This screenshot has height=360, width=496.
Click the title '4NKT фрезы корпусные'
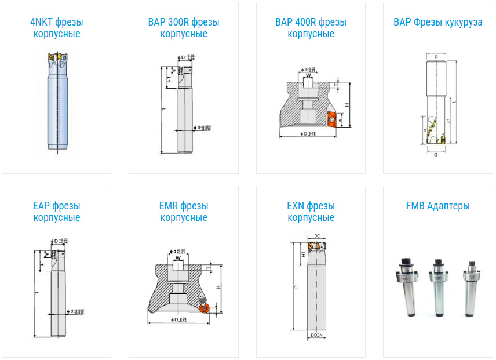(56, 28)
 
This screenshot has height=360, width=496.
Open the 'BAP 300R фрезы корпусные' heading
(184, 28)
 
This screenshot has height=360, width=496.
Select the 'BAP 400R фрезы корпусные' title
(311, 28)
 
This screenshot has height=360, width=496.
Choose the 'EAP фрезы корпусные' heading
(56, 212)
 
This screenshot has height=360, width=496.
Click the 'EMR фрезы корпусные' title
(184, 212)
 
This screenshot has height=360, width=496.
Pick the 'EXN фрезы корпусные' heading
(311, 212)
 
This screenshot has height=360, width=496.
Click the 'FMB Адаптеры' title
(438, 206)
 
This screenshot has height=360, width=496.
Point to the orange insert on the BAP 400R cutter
(332, 119)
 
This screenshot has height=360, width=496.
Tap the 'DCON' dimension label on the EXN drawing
(316, 336)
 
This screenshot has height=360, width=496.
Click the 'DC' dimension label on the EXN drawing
(317, 235)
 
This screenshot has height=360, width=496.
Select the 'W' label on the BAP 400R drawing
(309, 75)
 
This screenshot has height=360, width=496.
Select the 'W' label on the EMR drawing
(178, 259)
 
